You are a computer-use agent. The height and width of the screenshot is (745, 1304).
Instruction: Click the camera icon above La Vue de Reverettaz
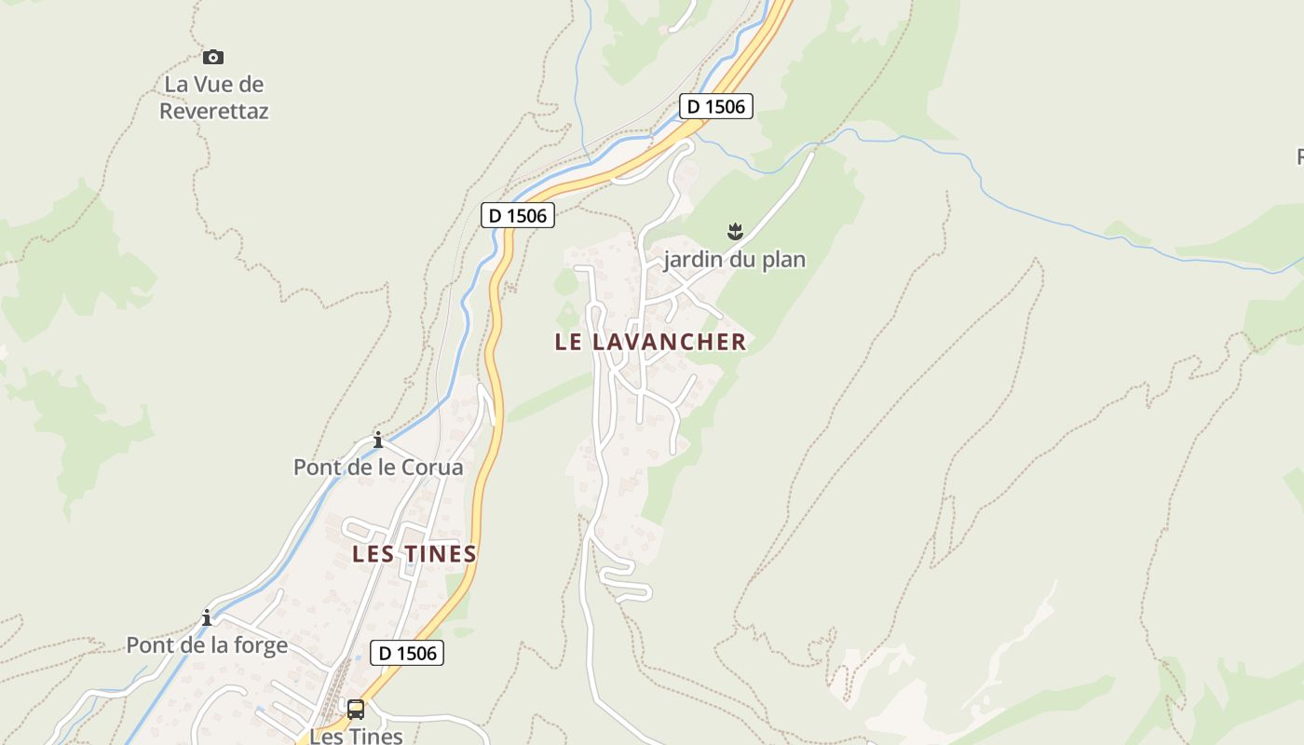(213, 58)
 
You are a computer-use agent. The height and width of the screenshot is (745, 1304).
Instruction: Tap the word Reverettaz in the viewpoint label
(214, 111)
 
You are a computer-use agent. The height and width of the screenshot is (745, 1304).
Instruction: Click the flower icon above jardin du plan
(735, 230)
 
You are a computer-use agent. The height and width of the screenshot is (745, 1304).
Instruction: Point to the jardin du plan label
(734, 259)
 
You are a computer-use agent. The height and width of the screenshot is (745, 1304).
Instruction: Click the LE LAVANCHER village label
(650, 342)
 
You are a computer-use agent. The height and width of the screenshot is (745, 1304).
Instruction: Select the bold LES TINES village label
(414, 554)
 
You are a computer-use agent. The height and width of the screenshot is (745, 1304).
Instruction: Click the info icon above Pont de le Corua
(378, 440)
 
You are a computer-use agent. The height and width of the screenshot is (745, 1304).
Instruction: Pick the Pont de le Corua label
(378, 467)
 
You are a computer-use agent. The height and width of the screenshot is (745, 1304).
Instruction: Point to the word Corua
(431, 467)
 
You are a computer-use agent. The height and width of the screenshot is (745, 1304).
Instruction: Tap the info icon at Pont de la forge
(207, 617)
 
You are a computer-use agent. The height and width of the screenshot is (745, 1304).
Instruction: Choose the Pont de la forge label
(207, 644)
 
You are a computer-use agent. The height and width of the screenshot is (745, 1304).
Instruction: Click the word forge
(263, 644)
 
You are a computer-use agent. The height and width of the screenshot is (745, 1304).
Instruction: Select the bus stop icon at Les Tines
(356, 710)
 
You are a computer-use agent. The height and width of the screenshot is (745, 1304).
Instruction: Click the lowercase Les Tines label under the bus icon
(356, 736)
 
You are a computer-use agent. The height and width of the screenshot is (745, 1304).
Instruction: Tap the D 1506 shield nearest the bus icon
(407, 653)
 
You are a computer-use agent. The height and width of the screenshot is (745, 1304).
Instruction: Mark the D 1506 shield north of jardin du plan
(715, 106)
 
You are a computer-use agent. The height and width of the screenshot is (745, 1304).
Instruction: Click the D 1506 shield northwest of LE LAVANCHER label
(518, 215)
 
